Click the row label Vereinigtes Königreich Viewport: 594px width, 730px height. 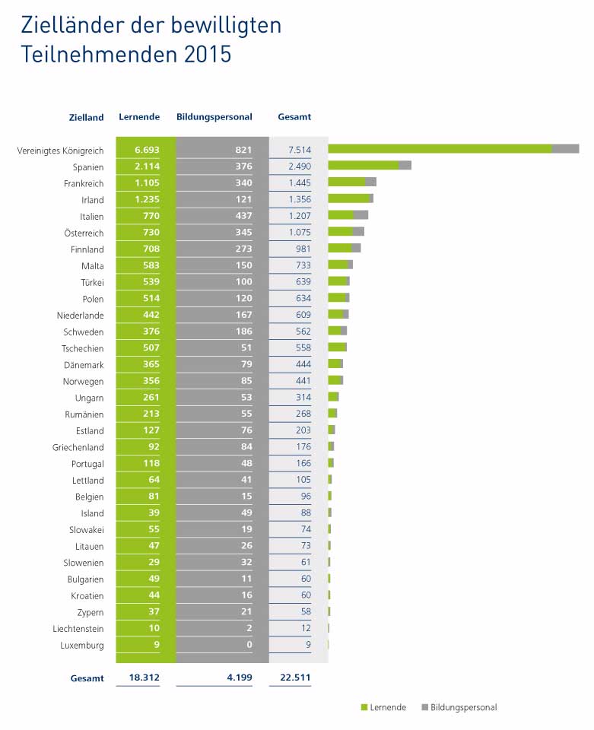pyautogui.click(x=60, y=151)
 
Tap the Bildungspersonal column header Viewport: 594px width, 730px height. pyautogui.click(x=214, y=117)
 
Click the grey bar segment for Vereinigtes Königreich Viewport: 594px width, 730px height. pyautogui.click(x=565, y=149)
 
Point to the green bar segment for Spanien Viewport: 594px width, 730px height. pyautogui.click(x=363, y=165)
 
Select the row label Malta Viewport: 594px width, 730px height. pyautogui.click(x=91, y=266)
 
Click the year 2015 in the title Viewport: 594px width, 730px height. pyautogui.click(x=208, y=56)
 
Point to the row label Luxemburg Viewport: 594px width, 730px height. pyautogui.click(x=81, y=646)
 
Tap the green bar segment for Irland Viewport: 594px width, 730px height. pyautogui.click(x=348, y=198)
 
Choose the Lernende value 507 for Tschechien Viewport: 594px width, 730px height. pyautogui.click(x=146, y=348)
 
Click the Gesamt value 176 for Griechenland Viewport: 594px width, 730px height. pyautogui.click(x=303, y=447)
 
